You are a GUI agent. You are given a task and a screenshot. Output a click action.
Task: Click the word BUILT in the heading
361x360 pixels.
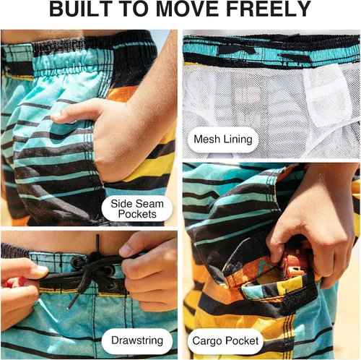coord(78,9)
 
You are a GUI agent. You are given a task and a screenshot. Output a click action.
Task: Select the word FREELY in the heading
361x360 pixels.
coord(269,9)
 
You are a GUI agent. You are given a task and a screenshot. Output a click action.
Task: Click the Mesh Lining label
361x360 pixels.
coord(223,140)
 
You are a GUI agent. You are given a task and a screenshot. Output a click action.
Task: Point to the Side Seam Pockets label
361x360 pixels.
coord(137,209)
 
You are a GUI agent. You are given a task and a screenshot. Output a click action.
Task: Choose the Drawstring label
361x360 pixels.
coord(137,340)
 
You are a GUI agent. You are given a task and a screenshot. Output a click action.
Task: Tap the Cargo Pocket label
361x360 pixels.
coord(225,340)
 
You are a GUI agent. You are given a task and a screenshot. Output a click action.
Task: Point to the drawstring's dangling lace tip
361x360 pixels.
coord(70,306)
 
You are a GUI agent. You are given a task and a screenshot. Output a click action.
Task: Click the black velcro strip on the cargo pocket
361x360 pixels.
coord(301,297)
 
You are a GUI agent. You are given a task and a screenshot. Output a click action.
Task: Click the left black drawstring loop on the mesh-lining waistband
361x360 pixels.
coord(237,50)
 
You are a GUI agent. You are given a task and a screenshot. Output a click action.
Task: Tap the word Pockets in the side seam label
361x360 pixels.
coord(137,214)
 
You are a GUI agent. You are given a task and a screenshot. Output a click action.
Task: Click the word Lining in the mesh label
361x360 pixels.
coord(238,140)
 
